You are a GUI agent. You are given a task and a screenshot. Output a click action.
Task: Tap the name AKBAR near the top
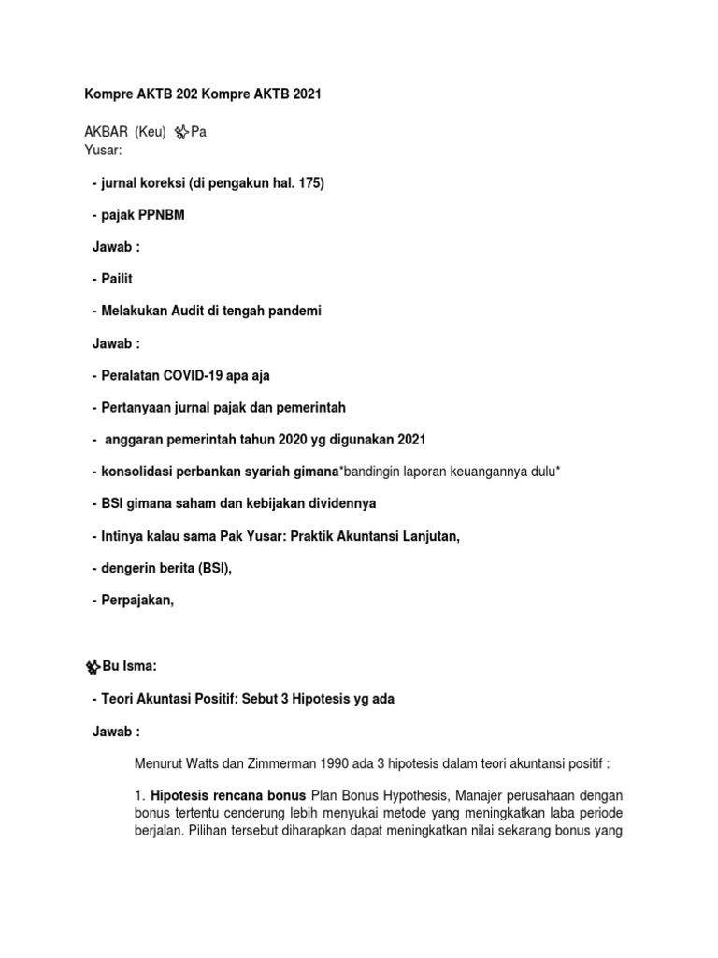(103, 133)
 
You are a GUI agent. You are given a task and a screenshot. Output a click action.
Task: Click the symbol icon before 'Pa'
(181, 133)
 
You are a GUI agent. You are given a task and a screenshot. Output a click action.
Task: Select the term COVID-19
(197, 375)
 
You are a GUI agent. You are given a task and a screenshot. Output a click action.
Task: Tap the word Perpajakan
(137, 600)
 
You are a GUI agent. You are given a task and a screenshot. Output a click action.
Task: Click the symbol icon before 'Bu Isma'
(93, 667)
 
